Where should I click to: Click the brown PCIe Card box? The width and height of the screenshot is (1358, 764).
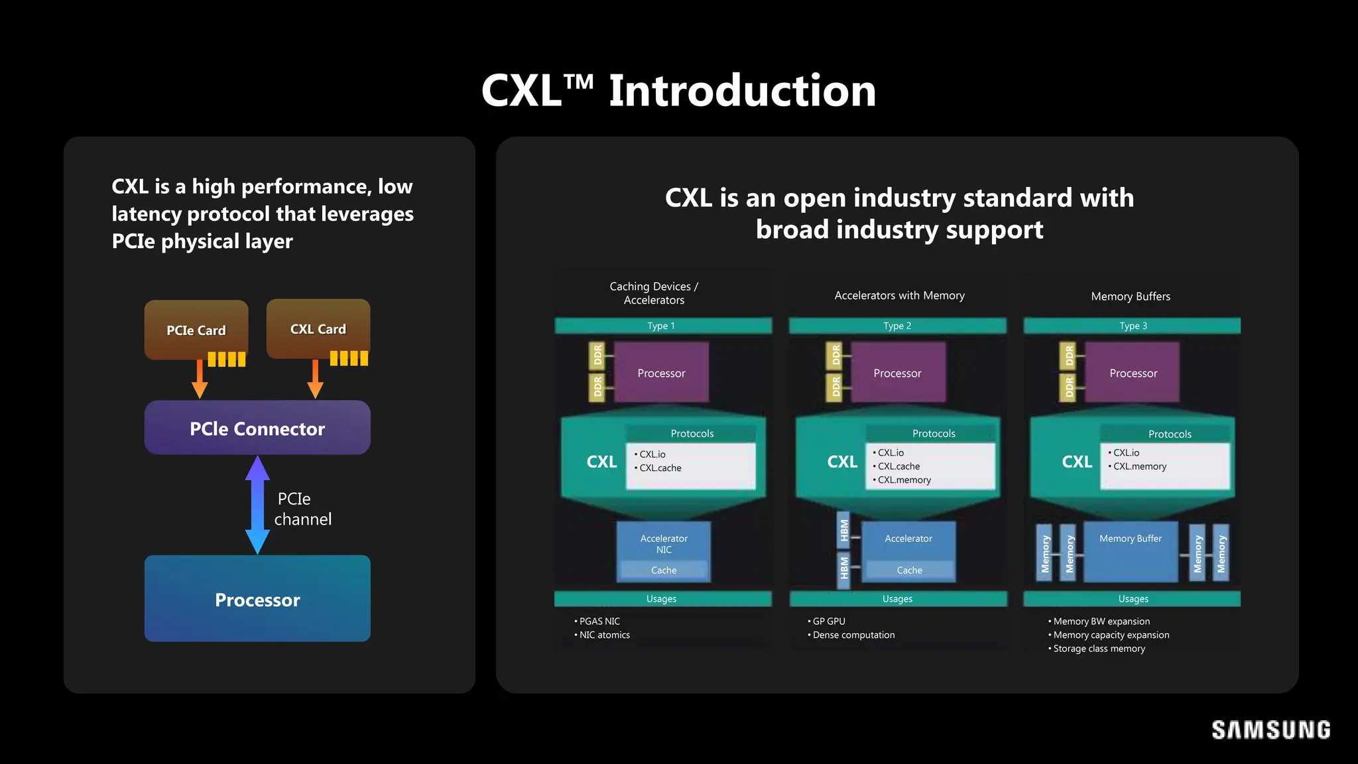pos(196,330)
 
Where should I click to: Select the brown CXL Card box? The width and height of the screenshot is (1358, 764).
pos(318,328)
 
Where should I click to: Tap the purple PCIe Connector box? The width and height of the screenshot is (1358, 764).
pos(257,428)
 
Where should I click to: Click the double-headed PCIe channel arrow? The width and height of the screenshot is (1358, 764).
pos(257,505)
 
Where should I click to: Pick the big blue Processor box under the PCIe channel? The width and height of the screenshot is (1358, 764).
pos(257,599)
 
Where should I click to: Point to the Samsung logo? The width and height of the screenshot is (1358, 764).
pos(1270,730)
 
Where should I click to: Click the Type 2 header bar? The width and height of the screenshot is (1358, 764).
pos(897,326)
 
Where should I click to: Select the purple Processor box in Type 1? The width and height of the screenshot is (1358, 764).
pos(661,373)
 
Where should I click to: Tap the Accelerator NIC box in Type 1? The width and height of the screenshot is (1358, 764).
pos(664,544)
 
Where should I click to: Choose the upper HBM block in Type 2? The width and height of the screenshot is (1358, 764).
pos(843,531)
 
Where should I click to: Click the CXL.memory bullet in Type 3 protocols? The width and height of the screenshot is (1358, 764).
pos(1139,466)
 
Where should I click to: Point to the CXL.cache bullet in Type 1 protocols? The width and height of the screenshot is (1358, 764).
pos(660,468)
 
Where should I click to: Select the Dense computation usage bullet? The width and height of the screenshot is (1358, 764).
pos(853,635)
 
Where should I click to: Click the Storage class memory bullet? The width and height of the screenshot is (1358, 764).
pos(1099,649)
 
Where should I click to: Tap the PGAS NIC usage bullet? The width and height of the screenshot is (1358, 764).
pos(599,621)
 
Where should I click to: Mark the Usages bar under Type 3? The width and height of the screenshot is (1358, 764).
pos(1133,599)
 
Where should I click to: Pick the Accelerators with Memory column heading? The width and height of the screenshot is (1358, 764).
pos(899,296)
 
